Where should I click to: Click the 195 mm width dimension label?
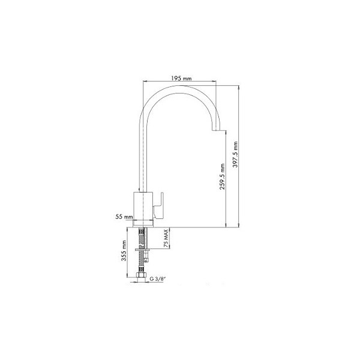point(181,78)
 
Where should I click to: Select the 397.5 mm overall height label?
point(235,154)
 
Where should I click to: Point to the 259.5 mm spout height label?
point(222,176)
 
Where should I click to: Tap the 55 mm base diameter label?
point(124,217)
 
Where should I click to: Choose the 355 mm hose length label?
point(124,250)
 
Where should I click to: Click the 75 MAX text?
point(166,238)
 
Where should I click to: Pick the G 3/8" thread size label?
point(157,279)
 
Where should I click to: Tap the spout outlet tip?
point(216,130)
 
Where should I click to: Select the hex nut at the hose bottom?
point(141,275)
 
